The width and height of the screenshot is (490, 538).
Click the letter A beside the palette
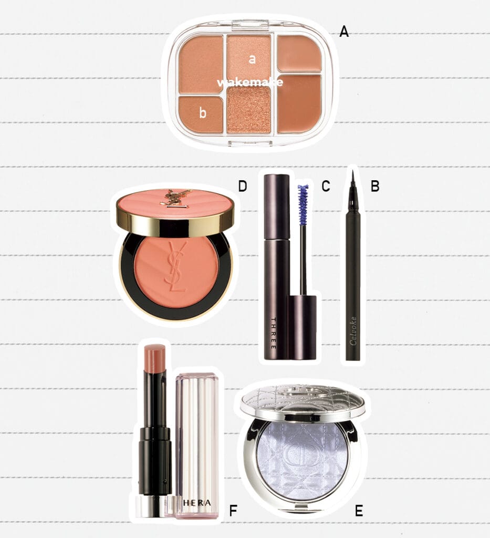(344, 32)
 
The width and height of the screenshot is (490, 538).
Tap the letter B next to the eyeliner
(375, 186)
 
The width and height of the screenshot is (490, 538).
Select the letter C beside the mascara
(326, 186)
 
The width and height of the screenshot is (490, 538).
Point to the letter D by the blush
(243, 187)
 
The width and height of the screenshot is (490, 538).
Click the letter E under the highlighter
(359, 511)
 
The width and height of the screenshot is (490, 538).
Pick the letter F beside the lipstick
(233, 511)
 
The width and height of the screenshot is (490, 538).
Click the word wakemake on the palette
(250, 82)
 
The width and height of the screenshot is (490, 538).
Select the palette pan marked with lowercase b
(201, 113)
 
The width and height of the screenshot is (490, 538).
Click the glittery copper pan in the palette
(248, 109)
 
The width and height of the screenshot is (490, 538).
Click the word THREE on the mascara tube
(273, 334)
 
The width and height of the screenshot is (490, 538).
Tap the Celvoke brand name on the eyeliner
(353, 331)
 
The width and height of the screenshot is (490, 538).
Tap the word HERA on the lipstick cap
(197, 503)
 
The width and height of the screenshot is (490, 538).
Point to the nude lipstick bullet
(155, 359)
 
